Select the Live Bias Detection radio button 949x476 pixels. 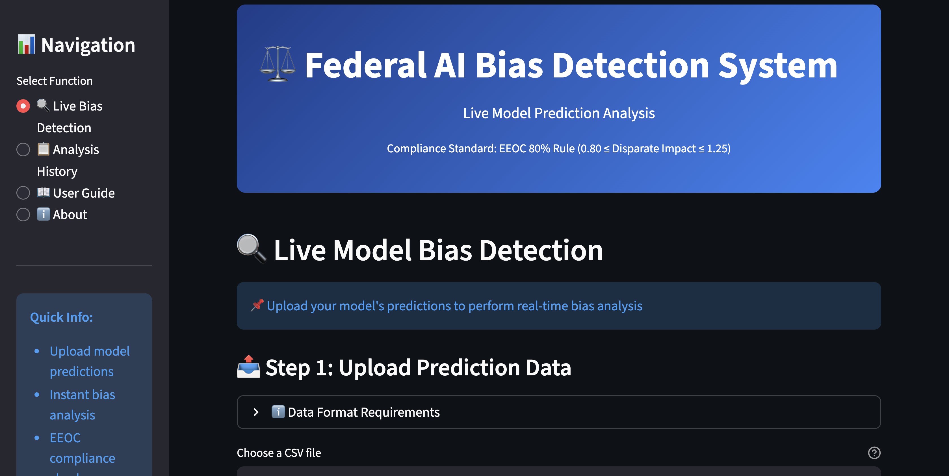[23, 106]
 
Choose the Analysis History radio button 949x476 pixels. [23, 150]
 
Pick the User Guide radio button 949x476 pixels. [23, 193]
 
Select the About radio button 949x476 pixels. [23, 215]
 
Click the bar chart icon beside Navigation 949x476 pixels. [27, 45]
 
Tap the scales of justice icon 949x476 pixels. [278, 64]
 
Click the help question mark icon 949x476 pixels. [874, 453]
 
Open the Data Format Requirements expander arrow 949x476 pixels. [256, 412]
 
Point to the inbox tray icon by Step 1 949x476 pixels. [249, 367]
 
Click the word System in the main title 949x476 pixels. [778, 66]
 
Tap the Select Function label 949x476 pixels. [55, 81]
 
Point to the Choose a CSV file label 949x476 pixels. [279, 453]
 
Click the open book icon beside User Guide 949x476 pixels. [44, 192]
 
